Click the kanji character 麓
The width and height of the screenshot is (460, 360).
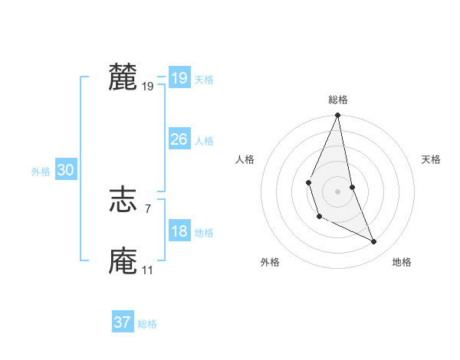coord(123,78)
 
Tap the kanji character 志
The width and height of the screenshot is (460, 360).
coord(123,200)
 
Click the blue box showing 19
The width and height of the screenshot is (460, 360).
coord(179,78)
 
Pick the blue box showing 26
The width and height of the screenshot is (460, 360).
coord(179,139)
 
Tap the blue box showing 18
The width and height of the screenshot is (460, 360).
coord(179,231)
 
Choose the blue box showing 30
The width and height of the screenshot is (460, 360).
coord(65,170)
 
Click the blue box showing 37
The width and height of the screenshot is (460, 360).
coord(122,322)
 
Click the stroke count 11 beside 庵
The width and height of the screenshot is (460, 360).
coord(147,270)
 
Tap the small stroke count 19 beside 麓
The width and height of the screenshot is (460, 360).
coord(147,87)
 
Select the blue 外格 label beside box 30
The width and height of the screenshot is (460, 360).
coord(41,172)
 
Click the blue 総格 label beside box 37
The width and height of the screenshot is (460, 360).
coord(147,324)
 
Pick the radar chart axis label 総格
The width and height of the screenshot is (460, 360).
coord(337,100)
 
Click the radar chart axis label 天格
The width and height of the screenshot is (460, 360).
coord(431,159)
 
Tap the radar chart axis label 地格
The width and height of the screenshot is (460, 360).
coord(402,262)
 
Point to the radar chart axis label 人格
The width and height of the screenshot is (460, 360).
coord(245,159)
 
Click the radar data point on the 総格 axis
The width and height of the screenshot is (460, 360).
coord(337,115)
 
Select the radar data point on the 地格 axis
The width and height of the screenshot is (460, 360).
coord(374,241)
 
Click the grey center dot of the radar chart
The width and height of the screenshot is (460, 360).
coord(337,191)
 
